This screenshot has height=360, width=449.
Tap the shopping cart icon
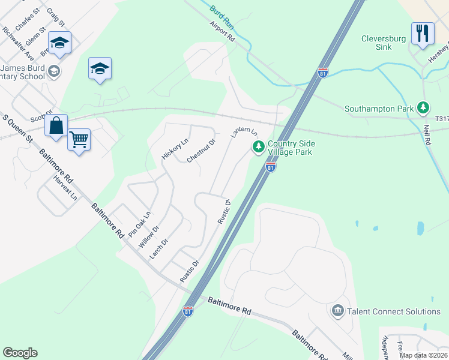(x=79, y=140)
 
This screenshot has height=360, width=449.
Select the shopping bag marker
(x=56, y=126)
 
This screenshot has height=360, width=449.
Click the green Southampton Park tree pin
(x=424, y=107)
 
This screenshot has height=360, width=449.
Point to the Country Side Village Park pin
(x=259, y=146)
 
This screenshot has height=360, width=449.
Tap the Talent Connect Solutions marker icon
(x=337, y=311)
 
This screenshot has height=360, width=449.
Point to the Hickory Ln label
(x=175, y=149)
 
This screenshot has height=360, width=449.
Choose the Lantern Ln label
(x=244, y=133)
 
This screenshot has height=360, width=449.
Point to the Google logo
(x=20, y=353)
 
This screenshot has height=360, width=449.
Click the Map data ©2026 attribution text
(x=423, y=355)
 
